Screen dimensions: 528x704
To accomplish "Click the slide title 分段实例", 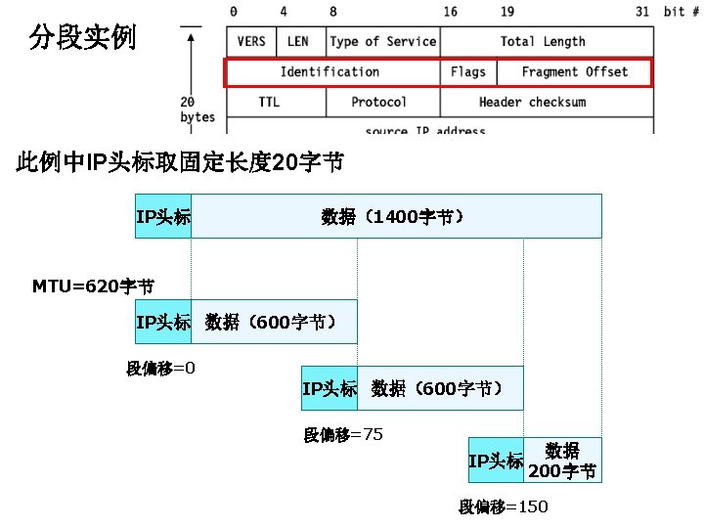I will click(83, 38).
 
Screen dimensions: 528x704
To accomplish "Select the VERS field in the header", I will click(251, 42).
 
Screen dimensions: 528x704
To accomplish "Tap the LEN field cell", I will click(298, 42).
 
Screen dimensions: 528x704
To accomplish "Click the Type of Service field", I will click(382, 42).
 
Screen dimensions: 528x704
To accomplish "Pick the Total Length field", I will click(543, 42).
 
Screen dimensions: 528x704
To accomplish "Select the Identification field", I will click(330, 72).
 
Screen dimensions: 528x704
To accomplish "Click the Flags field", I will click(468, 72).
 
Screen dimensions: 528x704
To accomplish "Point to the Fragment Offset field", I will click(575, 72).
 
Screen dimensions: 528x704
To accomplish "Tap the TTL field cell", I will click(269, 103).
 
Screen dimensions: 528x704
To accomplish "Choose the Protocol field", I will click(379, 103).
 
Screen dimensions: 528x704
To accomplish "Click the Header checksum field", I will click(533, 103).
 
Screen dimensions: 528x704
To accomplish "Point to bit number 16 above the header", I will click(450, 13).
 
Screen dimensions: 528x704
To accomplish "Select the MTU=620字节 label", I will click(93, 286).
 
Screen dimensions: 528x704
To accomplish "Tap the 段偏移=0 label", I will click(161, 369).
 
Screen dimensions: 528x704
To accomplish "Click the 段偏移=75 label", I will click(343, 435).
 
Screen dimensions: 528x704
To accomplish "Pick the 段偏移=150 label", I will click(504, 506).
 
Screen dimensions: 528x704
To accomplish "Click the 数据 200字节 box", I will click(562, 461).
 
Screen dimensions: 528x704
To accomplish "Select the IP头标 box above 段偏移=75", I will click(330, 389).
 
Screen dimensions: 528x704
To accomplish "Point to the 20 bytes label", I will click(198, 110).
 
